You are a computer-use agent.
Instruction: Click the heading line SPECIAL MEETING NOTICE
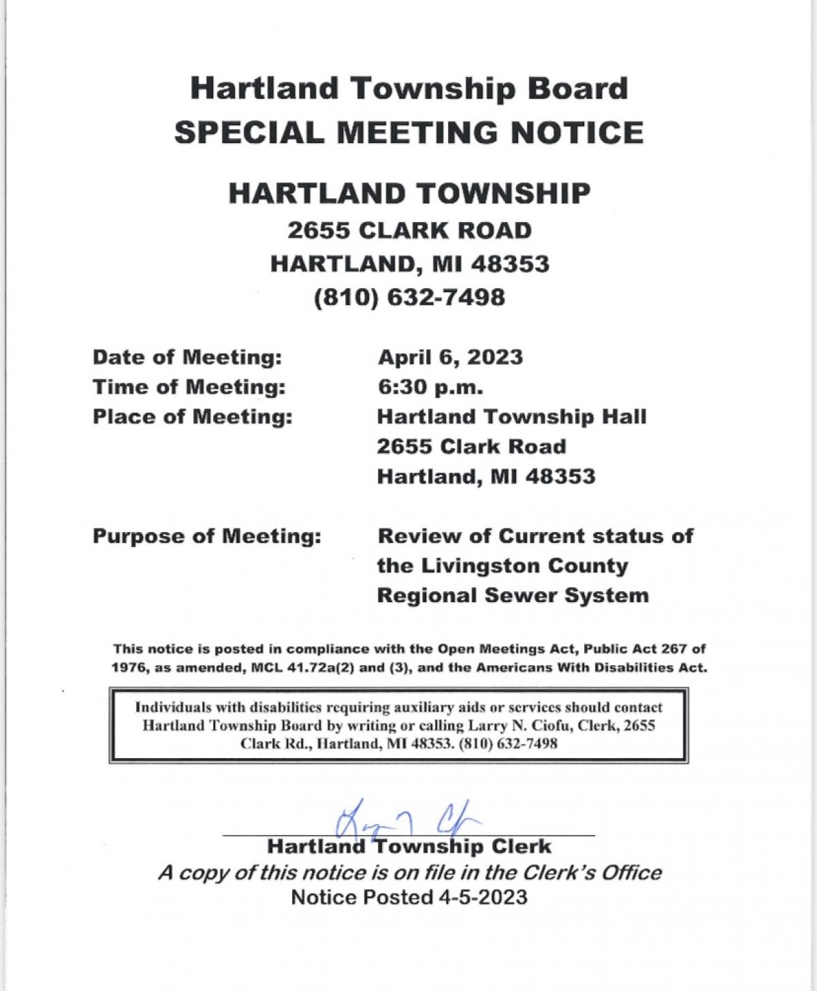[408, 132]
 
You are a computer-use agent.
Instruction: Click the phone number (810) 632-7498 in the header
[409, 298]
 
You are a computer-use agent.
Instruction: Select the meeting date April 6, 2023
[450, 357]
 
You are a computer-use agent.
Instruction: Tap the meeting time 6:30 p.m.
[430, 387]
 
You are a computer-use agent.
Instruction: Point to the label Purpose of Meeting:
[206, 536]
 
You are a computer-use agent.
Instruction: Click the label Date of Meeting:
[187, 357]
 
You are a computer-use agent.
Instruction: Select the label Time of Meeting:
[189, 387]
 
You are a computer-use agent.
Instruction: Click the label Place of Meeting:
[193, 417]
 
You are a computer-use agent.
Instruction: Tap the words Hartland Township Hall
[511, 417]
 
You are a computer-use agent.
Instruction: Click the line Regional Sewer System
[513, 595]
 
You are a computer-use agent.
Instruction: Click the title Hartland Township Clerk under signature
[409, 847]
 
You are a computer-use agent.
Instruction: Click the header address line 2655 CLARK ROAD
[409, 230]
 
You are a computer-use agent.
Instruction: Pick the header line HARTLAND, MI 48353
[409, 264]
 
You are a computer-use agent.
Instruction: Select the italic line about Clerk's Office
[409, 872]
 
